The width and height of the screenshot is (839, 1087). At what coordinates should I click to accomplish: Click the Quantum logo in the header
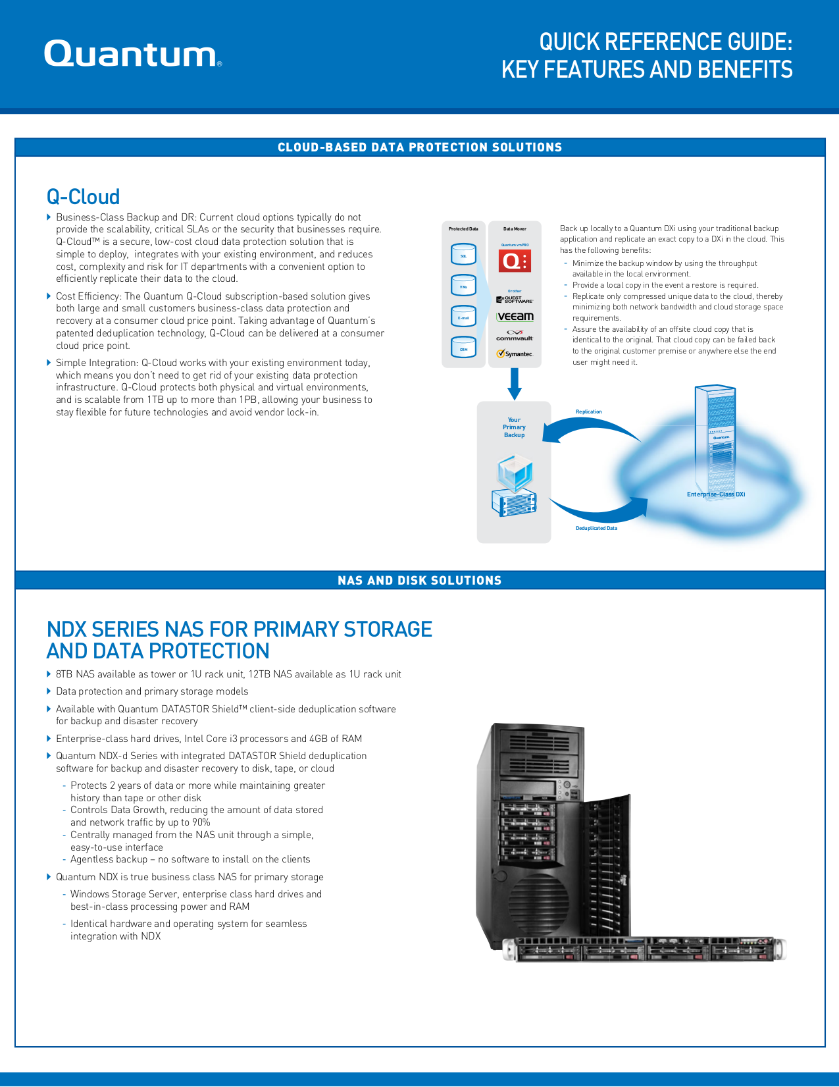[132, 54]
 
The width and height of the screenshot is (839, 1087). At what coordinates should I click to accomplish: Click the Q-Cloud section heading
[83, 197]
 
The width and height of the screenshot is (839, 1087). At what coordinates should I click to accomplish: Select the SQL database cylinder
[463, 254]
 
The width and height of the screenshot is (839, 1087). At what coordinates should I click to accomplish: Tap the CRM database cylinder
[463, 348]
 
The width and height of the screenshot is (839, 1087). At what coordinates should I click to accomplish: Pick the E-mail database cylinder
[463, 317]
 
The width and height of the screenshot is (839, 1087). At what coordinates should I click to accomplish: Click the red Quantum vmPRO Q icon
[515, 261]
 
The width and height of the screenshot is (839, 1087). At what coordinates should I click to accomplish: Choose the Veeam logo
[515, 317]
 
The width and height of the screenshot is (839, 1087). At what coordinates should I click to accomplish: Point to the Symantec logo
[515, 354]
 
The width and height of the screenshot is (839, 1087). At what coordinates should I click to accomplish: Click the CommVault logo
[515, 335]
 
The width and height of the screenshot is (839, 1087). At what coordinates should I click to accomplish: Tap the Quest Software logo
[515, 300]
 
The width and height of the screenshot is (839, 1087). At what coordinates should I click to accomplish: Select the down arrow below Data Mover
[515, 384]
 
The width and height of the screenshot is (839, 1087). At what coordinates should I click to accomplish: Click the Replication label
[588, 412]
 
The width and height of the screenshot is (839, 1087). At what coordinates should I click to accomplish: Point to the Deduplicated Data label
[596, 529]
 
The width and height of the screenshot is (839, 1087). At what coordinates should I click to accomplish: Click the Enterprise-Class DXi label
[716, 494]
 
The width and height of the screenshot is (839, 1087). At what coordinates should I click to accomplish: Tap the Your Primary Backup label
[514, 427]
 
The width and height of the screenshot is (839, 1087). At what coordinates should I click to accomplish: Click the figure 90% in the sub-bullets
[200, 823]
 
